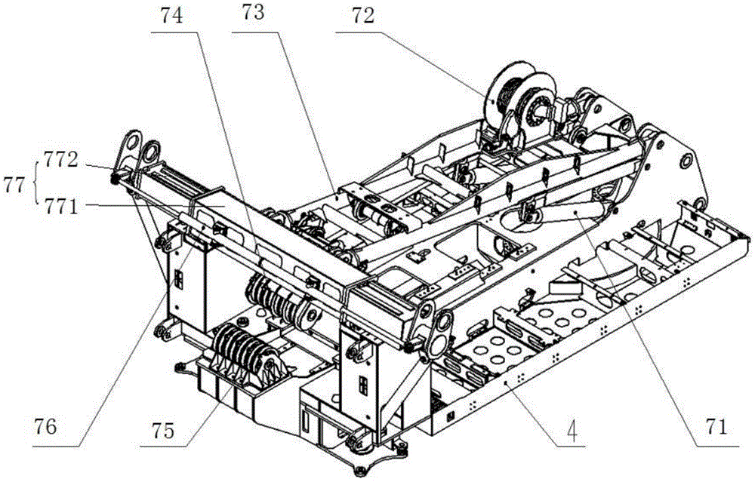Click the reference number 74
pyautogui.click(x=172, y=17)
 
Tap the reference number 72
pyautogui.click(x=362, y=17)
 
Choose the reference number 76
pyautogui.click(x=45, y=427)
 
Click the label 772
pyautogui.click(x=60, y=160)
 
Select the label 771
pyautogui.click(x=60, y=207)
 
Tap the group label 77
pyautogui.click(x=14, y=186)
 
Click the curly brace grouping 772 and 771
pyautogui.click(x=36, y=184)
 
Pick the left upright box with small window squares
pyautogui.click(x=186, y=281)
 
